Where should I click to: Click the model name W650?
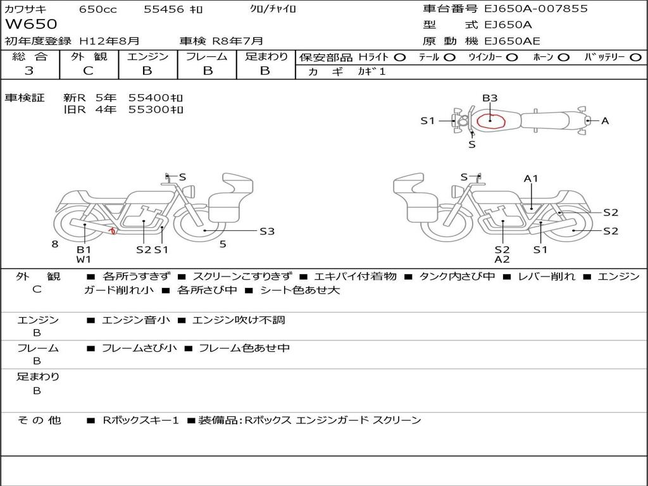tap(31, 25)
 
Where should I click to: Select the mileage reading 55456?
tap(164, 9)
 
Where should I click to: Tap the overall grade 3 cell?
tap(29, 71)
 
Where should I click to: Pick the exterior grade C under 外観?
tap(88, 71)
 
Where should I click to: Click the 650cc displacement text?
tap(97, 9)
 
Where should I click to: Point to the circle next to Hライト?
tap(400, 57)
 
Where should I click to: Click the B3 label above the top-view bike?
tap(490, 98)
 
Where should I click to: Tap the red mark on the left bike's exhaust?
tap(112, 231)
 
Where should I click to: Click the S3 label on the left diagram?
tap(267, 231)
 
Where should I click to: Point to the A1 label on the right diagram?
tap(530, 178)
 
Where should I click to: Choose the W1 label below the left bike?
tap(84, 259)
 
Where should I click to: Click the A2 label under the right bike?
tap(502, 259)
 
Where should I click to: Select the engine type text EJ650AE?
tap(512, 41)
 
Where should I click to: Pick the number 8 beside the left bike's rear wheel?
tap(55, 243)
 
